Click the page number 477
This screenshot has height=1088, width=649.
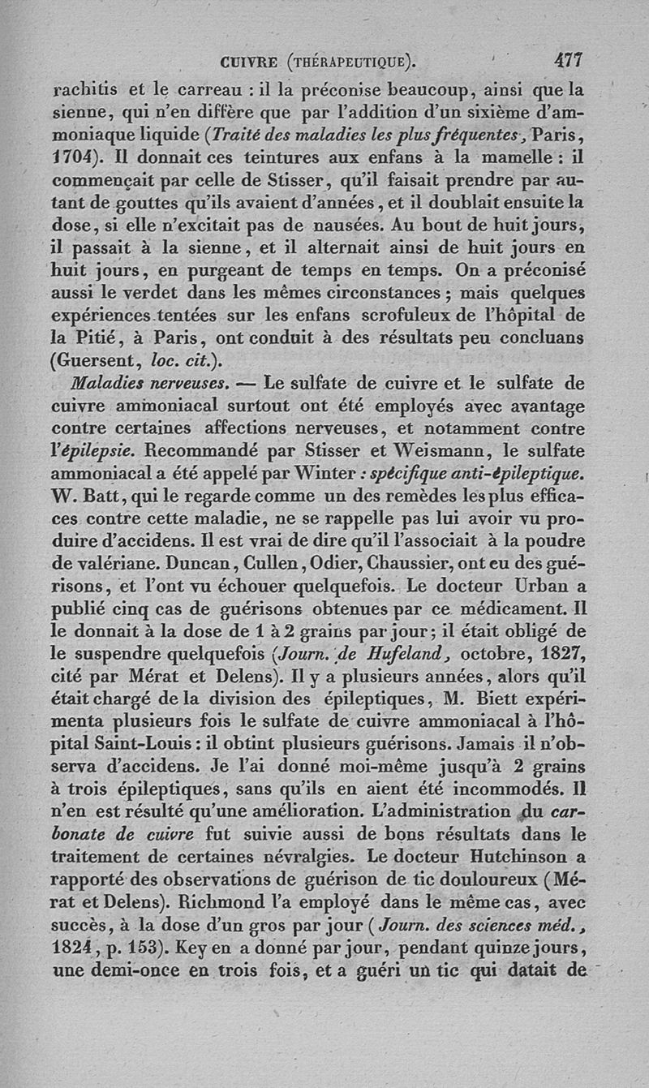coord(569,59)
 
